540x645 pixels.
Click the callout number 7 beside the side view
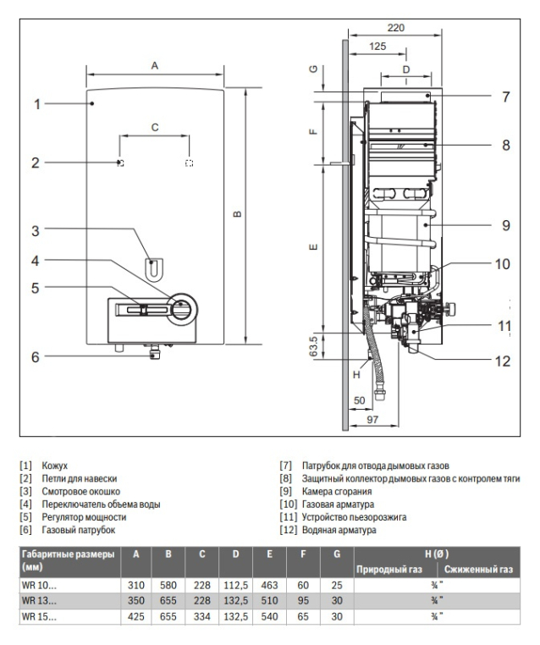[x=506, y=97]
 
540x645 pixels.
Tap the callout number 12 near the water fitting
[x=503, y=361]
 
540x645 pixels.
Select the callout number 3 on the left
[x=36, y=231]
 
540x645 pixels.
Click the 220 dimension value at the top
[x=395, y=28]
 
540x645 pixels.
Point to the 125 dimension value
[x=377, y=46]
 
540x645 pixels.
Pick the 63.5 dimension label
[x=313, y=346]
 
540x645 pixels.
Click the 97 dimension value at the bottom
[x=372, y=420]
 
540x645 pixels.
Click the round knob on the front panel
[x=182, y=309]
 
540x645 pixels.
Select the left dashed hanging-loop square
[x=120, y=163]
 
